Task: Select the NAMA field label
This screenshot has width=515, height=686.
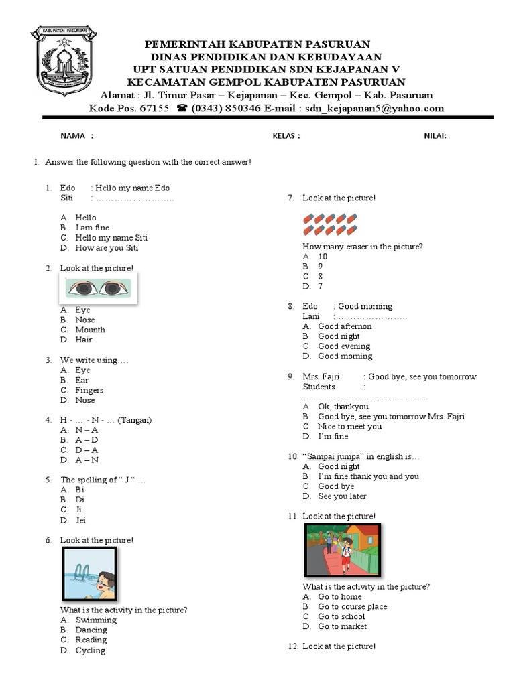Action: tap(73, 136)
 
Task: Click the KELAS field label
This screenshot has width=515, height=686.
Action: tap(284, 136)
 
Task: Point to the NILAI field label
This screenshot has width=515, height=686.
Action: tap(435, 136)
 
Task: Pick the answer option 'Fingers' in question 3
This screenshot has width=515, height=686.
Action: tap(89, 390)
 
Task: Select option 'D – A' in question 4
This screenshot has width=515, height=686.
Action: tap(87, 450)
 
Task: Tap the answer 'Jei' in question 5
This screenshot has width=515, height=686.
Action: tap(80, 520)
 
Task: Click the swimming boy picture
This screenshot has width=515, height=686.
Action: tap(89, 574)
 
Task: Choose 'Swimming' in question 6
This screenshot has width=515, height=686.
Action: tap(96, 620)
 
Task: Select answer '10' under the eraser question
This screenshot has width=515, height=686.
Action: tap(323, 257)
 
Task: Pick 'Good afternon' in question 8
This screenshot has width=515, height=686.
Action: tap(345, 326)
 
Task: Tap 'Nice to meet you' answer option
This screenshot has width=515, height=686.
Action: tap(349, 426)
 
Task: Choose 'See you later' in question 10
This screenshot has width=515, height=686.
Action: tap(342, 496)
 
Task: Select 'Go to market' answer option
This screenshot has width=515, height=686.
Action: tap(343, 626)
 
